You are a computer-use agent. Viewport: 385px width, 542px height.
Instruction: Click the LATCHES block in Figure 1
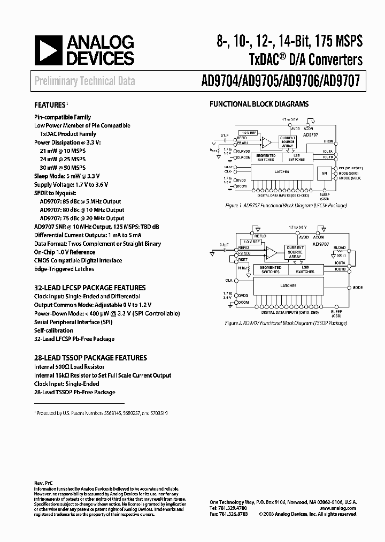281,172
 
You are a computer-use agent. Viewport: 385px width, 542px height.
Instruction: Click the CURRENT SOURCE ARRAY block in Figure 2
295,252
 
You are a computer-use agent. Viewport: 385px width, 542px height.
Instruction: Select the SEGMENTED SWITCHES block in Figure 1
265,157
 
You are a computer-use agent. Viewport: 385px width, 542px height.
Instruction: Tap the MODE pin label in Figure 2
358,288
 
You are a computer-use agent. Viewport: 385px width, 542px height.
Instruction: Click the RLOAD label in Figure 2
339,248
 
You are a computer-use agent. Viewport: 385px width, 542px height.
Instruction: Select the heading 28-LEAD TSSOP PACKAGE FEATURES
90,358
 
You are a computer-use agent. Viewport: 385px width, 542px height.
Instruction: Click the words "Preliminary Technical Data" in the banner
84,81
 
